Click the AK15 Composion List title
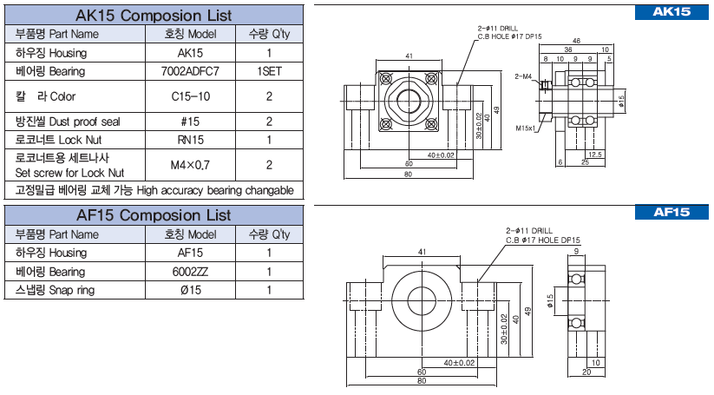(154, 15)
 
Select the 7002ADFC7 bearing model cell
(191, 71)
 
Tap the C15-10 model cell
(191, 96)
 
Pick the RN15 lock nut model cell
(191, 140)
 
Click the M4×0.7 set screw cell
(191, 164)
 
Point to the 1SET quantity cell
(270, 71)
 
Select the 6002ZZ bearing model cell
(189, 272)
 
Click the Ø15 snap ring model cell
(189, 290)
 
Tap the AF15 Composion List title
(154, 214)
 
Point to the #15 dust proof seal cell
(191, 122)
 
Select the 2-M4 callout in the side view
(522, 76)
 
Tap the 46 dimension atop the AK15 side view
(577, 41)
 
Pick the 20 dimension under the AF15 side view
(586, 372)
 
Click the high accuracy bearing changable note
(154, 190)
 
